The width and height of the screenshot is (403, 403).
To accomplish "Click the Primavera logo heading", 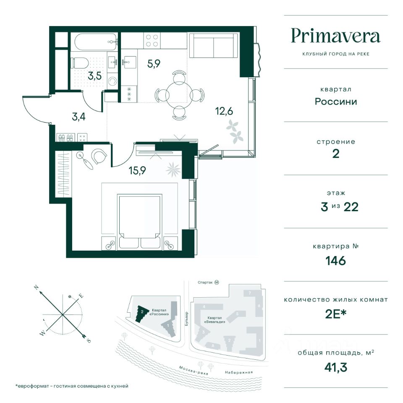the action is click(x=335, y=36).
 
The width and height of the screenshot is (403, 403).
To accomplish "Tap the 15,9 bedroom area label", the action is click(x=138, y=170).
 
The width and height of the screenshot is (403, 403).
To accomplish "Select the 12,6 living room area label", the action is click(x=224, y=111).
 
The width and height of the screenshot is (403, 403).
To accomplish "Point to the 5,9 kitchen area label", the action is click(x=154, y=63).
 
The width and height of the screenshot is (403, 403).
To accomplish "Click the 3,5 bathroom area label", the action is click(x=95, y=76).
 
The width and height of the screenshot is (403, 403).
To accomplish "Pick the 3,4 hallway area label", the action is click(x=79, y=117).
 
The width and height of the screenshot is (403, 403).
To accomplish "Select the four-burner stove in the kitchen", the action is click(x=152, y=41).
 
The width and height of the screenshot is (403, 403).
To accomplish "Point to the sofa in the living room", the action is click(x=213, y=45).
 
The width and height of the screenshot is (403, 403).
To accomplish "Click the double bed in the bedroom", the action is click(x=140, y=222).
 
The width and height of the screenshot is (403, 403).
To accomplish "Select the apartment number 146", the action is click(x=336, y=261).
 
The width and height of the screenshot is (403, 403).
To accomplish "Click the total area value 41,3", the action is click(x=336, y=367).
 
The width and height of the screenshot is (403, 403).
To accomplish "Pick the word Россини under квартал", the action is click(x=336, y=102).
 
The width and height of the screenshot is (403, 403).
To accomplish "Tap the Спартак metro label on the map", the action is click(x=205, y=283).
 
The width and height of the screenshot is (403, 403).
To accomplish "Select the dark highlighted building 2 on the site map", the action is click(x=141, y=314).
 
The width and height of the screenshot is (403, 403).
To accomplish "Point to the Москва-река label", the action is click(x=194, y=370).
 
